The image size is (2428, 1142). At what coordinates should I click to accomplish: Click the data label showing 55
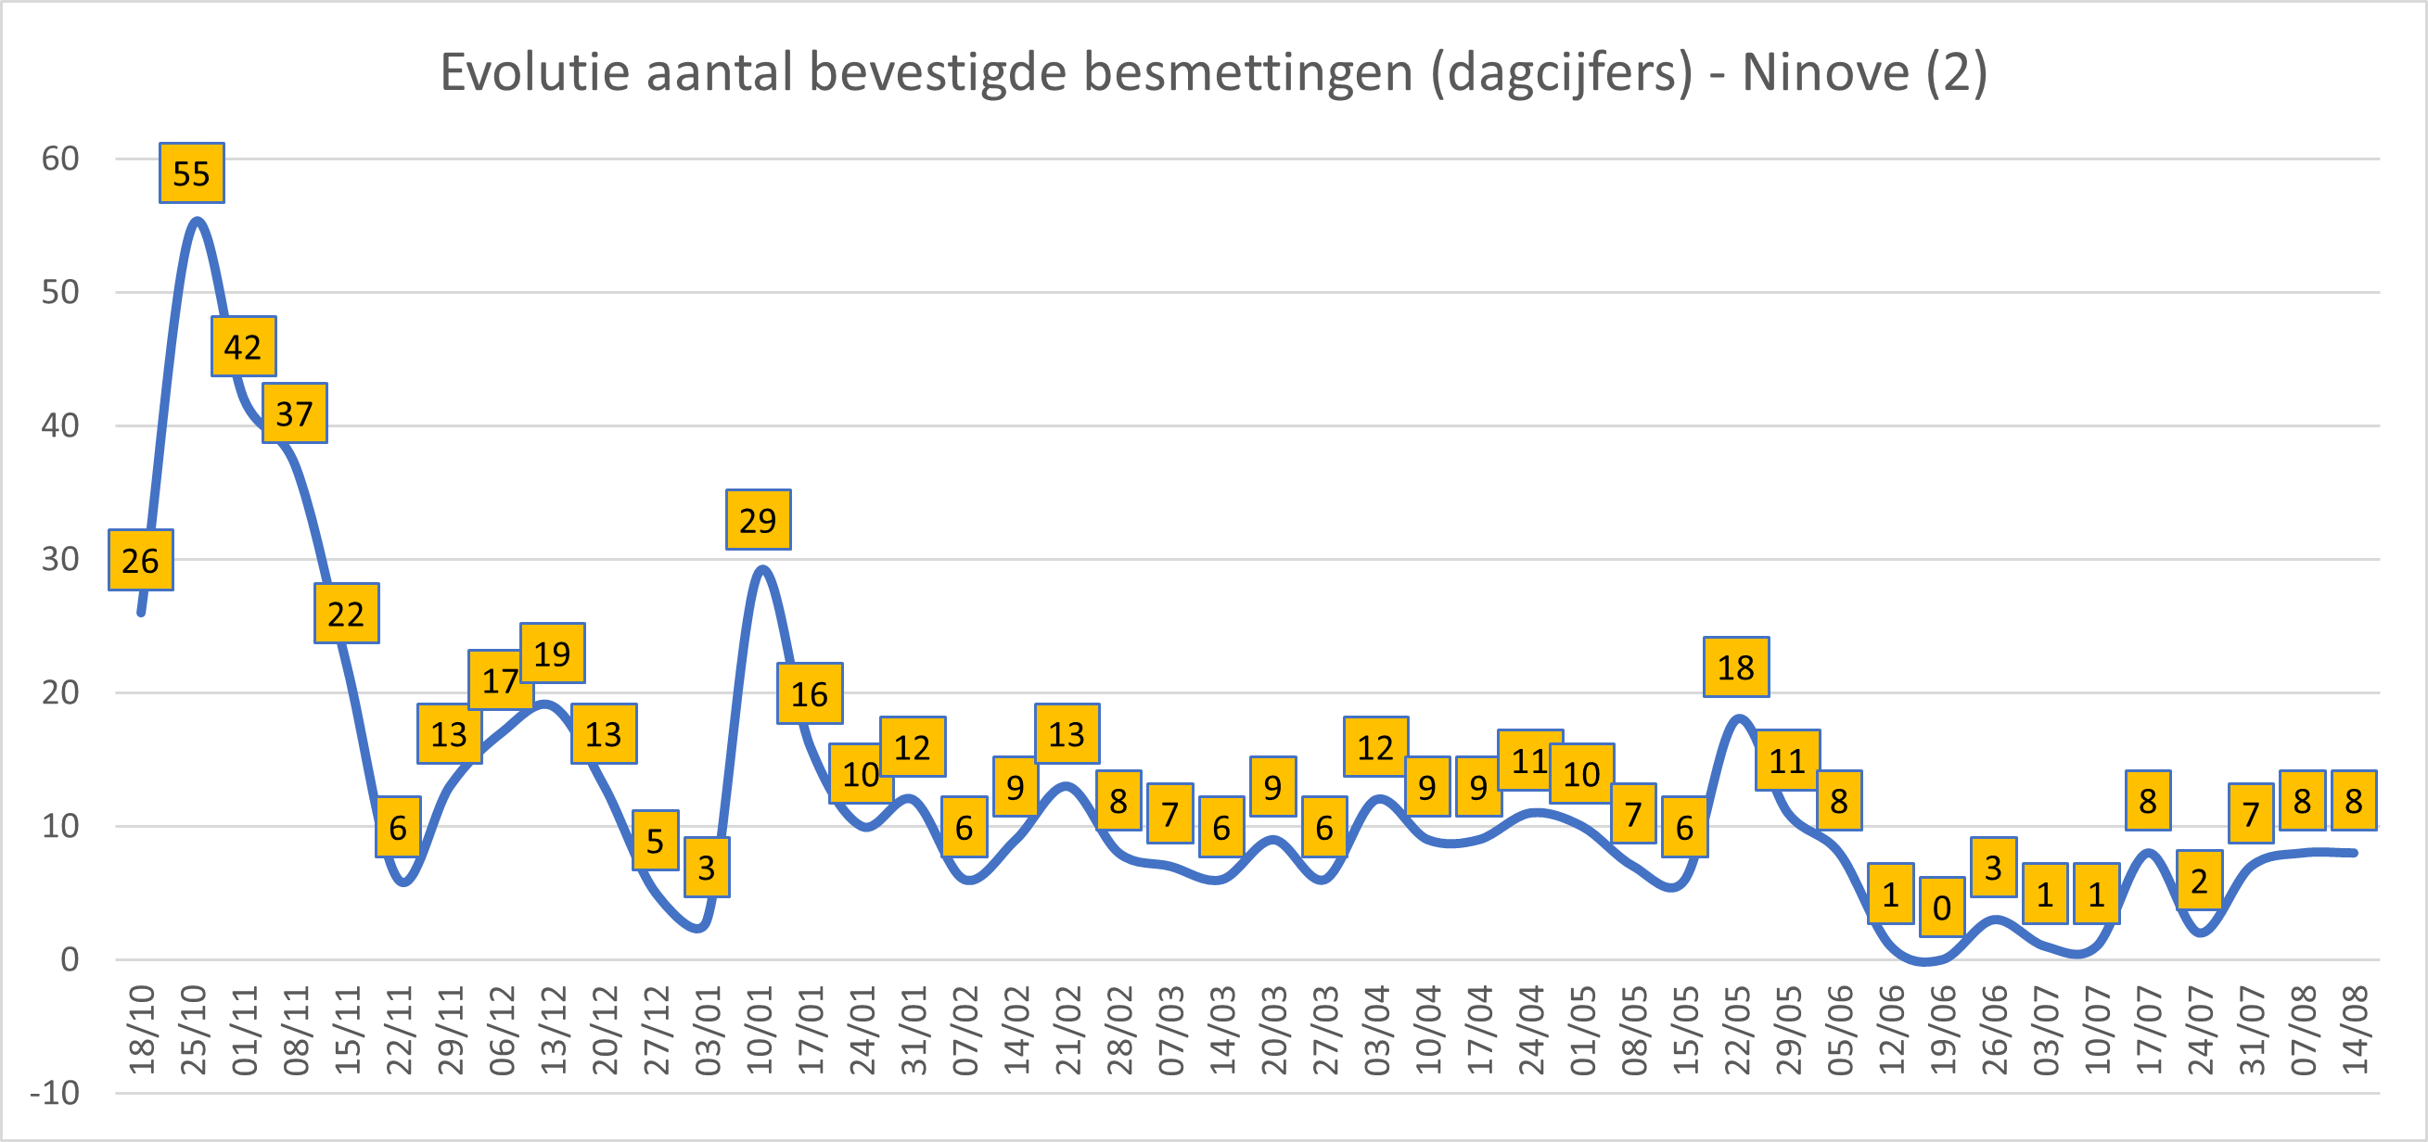(191, 173)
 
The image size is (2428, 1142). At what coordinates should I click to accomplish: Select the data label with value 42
(243, 347)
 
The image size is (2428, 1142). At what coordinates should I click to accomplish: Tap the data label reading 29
(758, 520)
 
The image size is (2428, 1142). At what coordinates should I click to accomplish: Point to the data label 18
(1735, 667)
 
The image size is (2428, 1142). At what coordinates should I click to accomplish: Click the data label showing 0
(1942, 907)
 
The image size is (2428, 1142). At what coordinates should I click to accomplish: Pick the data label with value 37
(294, 413)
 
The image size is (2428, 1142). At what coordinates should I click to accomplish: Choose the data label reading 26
(140, 561)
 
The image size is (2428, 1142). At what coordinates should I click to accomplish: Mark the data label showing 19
(553, 653)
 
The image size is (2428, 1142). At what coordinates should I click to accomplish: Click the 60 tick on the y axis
(60, 159)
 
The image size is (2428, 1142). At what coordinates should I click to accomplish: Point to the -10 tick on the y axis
(56, 1093)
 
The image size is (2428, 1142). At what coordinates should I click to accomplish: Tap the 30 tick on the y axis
(60, 559)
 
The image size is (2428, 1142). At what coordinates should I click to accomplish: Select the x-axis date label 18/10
(142, 1030)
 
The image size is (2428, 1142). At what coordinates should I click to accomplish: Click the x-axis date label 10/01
(760, 1030)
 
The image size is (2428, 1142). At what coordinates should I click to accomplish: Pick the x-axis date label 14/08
(2356, 1030)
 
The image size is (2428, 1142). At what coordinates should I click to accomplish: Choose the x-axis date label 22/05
(1737, 1030)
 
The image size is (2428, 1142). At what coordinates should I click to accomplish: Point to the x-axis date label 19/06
(1944, 1030)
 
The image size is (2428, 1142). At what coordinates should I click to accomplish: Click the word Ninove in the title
(1826, 71)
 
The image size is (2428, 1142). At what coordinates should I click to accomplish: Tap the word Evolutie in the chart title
(534, 71)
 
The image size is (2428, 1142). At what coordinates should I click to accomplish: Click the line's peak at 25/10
(196, 221)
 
